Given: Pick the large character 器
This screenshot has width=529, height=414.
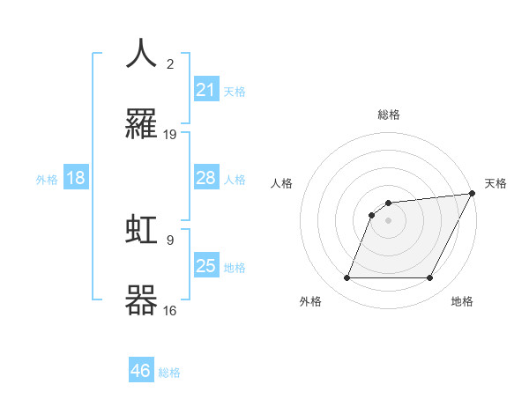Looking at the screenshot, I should click(x=142, y=299).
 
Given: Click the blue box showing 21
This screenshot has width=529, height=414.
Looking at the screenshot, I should click(x=206, y=89).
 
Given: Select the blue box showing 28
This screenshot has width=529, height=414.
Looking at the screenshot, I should click(x=206, y=178).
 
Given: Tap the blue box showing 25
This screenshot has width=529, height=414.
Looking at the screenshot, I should click(x=206, y=266).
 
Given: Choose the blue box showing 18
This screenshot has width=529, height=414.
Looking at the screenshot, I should click(x=76, y=178).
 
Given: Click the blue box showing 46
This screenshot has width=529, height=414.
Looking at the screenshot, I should click(x=141, y=371).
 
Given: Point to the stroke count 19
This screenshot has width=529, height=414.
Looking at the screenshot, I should click(x=170, y=135).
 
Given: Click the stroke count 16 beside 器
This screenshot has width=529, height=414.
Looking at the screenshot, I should click(x=170, y=310).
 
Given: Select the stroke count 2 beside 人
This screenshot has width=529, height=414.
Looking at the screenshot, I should click(x=170, y=63).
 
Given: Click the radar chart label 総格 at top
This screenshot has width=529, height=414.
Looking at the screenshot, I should click(x=389, y=115).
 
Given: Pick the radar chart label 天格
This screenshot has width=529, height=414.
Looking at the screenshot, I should click(x=495, y=183).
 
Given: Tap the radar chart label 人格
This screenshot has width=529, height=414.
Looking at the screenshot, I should click(x=281, y=183).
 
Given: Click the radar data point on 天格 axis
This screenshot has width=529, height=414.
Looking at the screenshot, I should click(x=474, y=193).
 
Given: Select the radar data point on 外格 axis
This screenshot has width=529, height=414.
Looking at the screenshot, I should click(x=347, y=278).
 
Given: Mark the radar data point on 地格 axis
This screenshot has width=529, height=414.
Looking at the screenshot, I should click(x=430, y=278).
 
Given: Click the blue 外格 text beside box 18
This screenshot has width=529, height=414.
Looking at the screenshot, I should click(x=47, y=179).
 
